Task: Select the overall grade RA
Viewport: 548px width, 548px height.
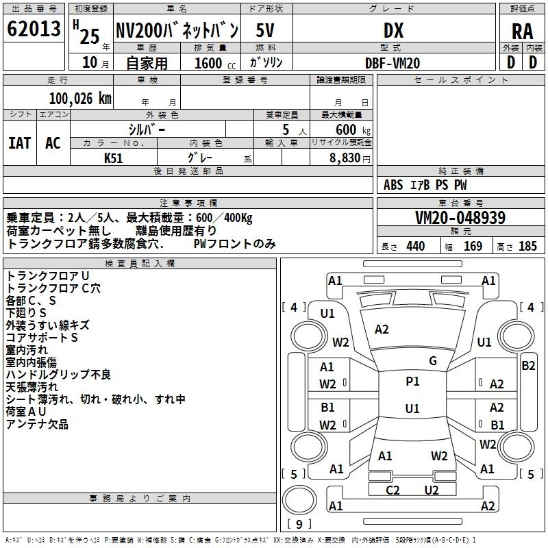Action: [x=522, y=31]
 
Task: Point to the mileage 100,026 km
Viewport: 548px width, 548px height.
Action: [x=79, y=98]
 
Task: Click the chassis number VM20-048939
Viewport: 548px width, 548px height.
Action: [x=460, y=218]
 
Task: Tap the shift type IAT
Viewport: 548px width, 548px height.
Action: [x=19, y=142]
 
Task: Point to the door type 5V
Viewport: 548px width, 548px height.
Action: [x=266, y=30]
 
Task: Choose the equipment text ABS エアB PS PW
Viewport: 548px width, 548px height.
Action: [x=425, y=184]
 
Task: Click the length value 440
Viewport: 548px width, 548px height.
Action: [x=415, y=247]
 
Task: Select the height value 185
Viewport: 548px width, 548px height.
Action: [x=527, y=247]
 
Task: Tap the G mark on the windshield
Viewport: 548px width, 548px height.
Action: [x=432, y=361]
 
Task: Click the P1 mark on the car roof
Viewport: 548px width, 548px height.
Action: [x=412, y=382]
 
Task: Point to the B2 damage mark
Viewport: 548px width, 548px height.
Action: [x=528, y=366]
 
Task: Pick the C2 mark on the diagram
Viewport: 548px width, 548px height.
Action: [x=393, y=490]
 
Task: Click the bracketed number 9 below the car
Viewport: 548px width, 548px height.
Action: [x=299, y=524]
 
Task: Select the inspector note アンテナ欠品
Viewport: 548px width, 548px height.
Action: [x=37, y=424]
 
